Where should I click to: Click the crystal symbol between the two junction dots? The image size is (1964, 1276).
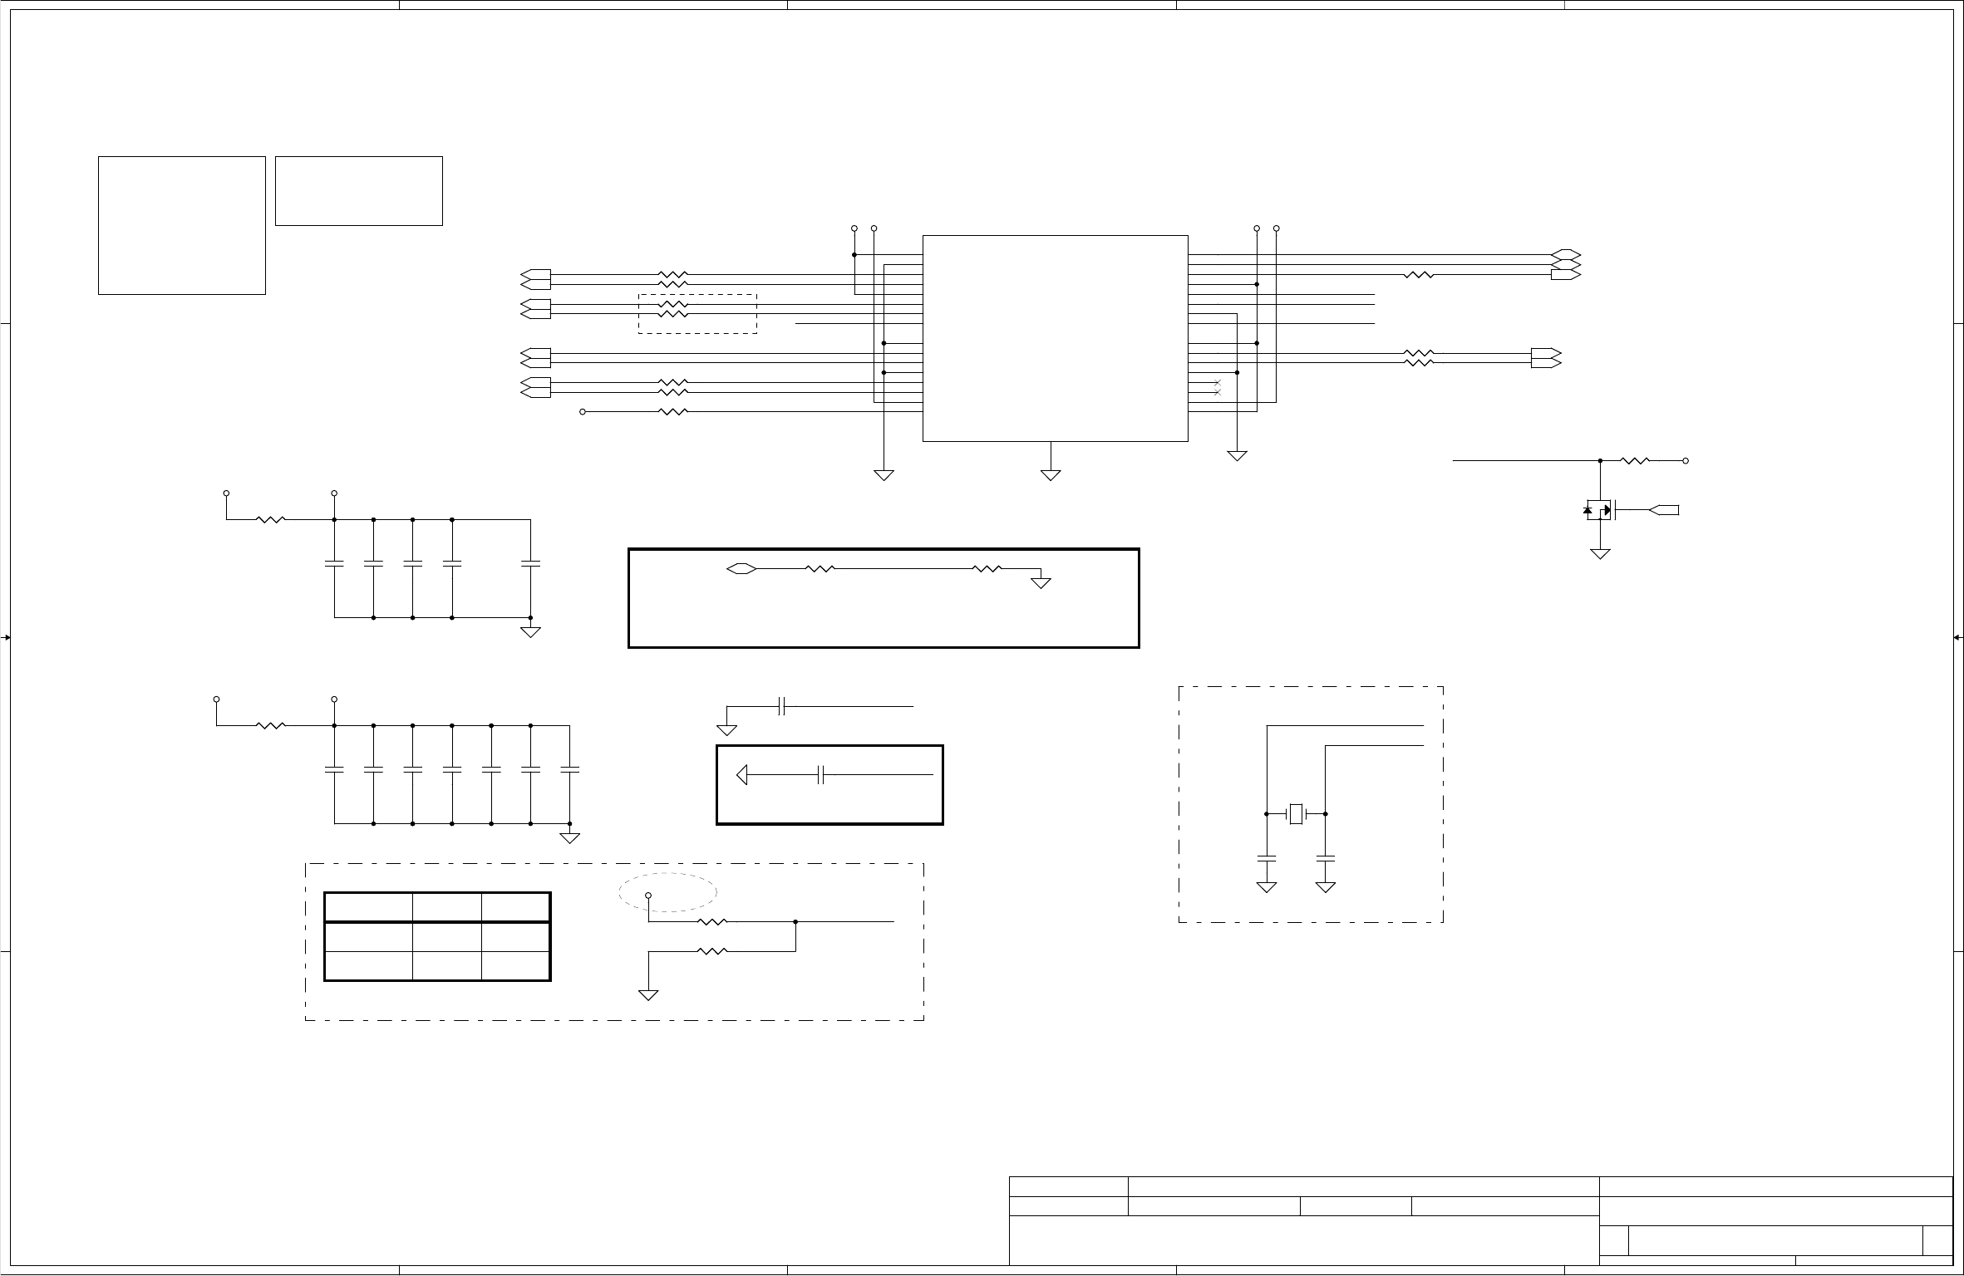pos(1296,814)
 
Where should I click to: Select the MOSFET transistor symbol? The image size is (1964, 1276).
pos(1600,509)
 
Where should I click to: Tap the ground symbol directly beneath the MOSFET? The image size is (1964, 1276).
pos(1600,553)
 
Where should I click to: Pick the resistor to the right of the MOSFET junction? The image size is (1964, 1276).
pos(1635,460)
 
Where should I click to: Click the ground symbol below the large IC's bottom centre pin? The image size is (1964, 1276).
pos(1051,474)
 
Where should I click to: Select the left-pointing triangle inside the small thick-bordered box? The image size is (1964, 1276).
pos(742,776)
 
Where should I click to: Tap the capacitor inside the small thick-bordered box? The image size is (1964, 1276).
pos(820,776)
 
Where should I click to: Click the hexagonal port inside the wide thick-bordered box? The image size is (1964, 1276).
pos(740,569)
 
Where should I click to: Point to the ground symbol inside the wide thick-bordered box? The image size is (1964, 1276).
pos(1041,583)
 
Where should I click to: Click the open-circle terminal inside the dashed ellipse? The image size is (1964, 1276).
pos(648,896)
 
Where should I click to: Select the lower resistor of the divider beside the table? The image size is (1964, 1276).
pos(712,951)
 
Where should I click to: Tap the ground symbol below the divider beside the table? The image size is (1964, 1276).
pos(648,994)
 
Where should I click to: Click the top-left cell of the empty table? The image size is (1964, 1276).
pos(368,907)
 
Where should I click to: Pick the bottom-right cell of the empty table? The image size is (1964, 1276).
pos(515,966)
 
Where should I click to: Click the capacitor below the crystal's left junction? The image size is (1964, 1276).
pos(1267,855)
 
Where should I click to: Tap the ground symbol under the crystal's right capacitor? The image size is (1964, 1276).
pos(1326,887)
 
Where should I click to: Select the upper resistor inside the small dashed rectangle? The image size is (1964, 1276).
pos(673,305)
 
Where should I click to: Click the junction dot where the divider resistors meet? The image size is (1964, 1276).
pos(795,921)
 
